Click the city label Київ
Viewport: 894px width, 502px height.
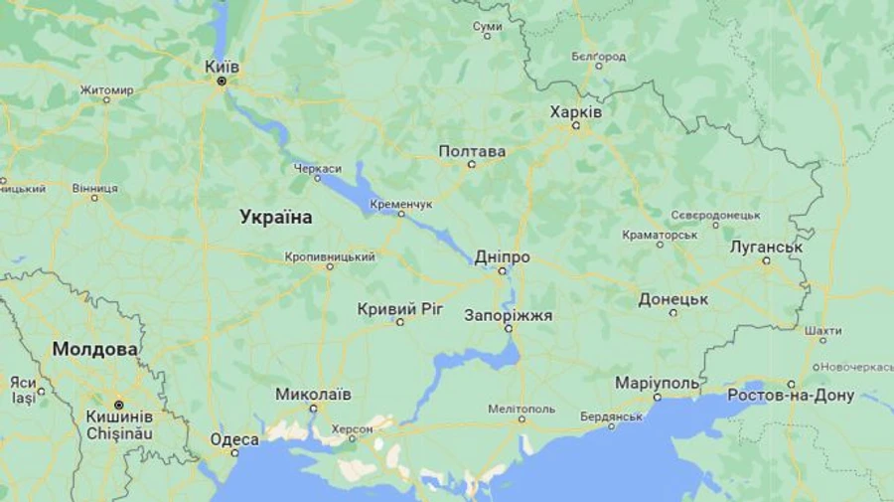click(x=222, y=66)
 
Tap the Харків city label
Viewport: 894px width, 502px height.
click(x=576, y=111)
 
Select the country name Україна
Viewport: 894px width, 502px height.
click(x=276, y=217)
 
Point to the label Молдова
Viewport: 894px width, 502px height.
click(x=95, y=349)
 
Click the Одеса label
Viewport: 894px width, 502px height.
click(x=234, y=438)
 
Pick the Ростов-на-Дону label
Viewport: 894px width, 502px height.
click(x=791, y=396)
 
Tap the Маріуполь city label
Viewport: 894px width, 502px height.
click(x=658, y=383)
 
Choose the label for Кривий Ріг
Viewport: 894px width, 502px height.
click(x=400, y=309)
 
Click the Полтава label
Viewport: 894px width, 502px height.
click(x=472, y=151)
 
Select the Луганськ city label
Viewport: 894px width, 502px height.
click(x=766, y=247)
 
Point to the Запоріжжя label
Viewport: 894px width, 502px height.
click(x=509, y=315)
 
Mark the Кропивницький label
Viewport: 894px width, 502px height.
click(x=330, y=256)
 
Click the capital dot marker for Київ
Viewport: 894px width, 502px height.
click(x=223, y=81)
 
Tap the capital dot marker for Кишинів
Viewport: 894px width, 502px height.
click(x=118, y=405)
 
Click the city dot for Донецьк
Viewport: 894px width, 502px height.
click(x=673, y=312)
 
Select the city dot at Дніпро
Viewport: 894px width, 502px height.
click(x=502, y=270)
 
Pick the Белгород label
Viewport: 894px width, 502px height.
click(x=599, y=56)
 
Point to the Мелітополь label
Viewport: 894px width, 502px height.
click(x=521, y=409)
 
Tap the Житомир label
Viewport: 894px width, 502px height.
click(x=106, y=90)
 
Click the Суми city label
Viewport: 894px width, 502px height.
click(x=487, y=26)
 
